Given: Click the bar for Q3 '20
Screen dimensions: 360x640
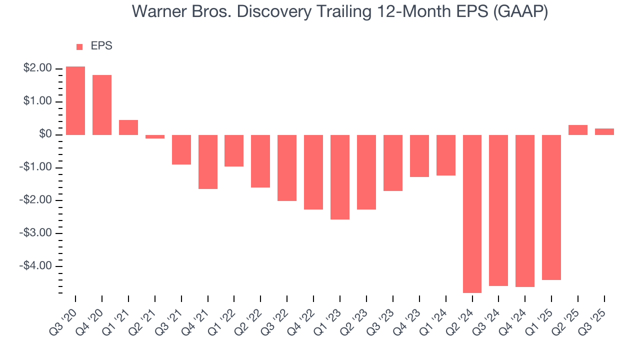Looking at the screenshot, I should (75, 100).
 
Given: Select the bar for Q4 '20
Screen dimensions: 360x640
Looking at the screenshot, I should (102, 105).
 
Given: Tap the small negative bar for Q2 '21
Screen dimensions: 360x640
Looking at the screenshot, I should (155, 136).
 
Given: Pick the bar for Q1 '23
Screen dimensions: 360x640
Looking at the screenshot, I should (340, 177).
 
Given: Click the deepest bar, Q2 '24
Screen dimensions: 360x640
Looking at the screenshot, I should (472, 213).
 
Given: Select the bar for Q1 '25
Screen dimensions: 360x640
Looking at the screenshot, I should (551, 207).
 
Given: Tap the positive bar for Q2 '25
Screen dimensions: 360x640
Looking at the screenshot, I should (578, 130).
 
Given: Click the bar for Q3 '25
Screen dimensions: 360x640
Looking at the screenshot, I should (604, 132).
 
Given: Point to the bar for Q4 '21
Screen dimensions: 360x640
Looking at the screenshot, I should (208, 162).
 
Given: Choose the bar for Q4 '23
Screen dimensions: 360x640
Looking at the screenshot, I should (419, 156).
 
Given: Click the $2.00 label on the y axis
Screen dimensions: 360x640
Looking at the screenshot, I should (37, 68).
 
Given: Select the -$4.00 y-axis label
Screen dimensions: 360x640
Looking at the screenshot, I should (36, 266).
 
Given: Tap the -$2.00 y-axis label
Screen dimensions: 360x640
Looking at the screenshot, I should (36, 200).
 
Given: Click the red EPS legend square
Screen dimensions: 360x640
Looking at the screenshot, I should (79, 46).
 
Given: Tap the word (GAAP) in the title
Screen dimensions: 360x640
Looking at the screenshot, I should (520, 12).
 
